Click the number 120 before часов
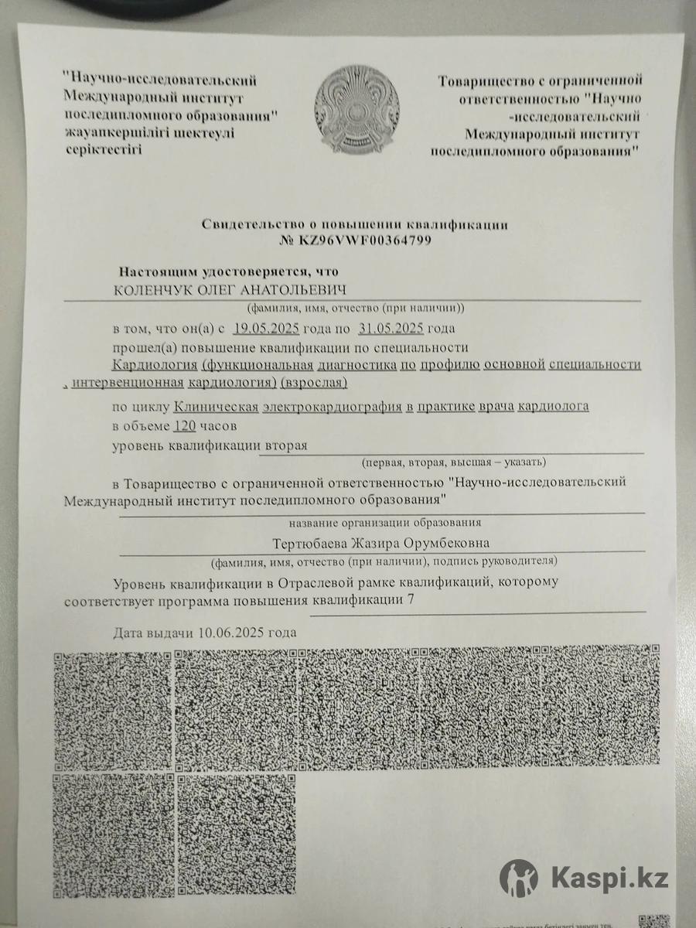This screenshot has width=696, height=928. coord(184,426)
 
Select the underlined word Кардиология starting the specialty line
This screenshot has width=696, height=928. coord(154,364)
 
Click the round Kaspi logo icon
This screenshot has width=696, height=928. coord(519,877)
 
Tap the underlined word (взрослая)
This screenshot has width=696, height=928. coord(316,383)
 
